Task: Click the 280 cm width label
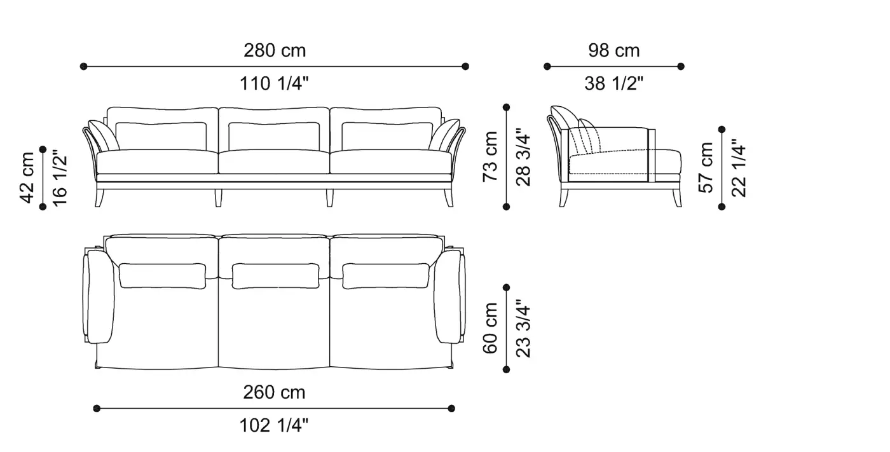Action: click(x=275, y=50)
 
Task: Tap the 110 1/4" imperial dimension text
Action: click(x=274, y=84)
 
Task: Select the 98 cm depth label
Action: click(x=614, y=50)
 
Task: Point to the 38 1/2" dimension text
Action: click(x=614, y=84)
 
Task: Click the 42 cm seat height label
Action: click(x=27, y=177)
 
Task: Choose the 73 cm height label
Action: click(x=490, y=156)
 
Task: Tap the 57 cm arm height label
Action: click(x=706, y=168)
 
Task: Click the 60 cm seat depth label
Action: click(x=490, y=328)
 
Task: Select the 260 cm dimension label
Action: click(x=274, y=392)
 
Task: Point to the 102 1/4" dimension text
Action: click(x=274, y=426)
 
